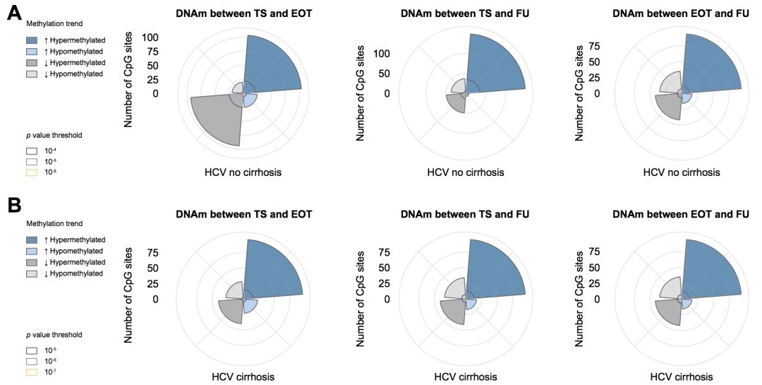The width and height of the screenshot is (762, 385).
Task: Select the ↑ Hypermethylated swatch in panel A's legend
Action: (x=30, y=40)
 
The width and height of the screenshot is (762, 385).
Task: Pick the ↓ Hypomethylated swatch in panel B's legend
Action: (x=30, y=273)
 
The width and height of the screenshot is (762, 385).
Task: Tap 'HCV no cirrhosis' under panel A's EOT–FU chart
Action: (x=682, y=172)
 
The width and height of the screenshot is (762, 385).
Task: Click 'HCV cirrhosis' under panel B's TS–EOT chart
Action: (x=243, y=376)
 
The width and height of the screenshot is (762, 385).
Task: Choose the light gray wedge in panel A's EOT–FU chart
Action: (x=666, y=83)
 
